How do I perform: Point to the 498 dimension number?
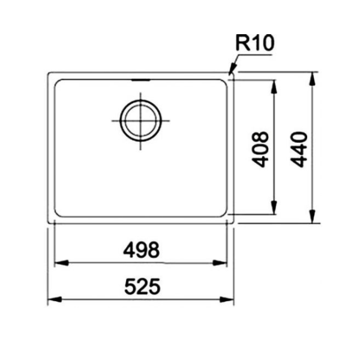pos(142,250)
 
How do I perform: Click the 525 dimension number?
pos(142,287)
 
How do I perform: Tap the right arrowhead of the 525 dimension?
pos(230,299)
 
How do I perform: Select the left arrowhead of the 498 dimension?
pos(59,263)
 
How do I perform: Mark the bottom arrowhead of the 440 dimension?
pos(312,219)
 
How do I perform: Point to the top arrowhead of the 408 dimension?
pos(274,84)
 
